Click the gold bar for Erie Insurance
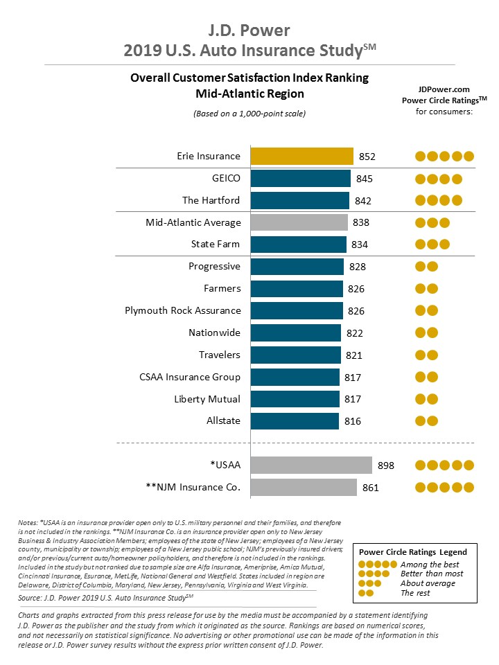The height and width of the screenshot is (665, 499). (x=301, y=156)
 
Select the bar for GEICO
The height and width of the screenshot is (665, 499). (x=300, y=179)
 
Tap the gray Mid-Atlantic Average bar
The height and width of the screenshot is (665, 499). (x=299, y=222)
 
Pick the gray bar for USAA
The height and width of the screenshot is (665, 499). (x=311, y=465)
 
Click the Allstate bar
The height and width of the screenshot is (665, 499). (x=295, y=420)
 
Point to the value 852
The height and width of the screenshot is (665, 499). (x=368, y=157)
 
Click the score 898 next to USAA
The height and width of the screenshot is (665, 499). (x=386, y=465)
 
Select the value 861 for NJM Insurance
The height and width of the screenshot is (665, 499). (x=371, y=488)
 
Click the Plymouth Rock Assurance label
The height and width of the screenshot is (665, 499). (x=183, y=310)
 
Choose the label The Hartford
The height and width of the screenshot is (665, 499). (x=211, y=200)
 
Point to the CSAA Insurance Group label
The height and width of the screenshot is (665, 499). (x=190, y=377)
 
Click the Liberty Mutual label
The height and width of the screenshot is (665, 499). (x=207, y=399)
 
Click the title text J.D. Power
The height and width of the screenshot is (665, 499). (x=249, y=30)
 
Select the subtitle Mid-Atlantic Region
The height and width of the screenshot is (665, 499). (x=249, y=94)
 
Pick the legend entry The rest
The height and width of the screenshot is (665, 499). (x=416, y=592)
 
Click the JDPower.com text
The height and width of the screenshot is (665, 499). (x=444, y=89)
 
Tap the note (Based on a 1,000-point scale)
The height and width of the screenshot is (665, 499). (x=249, y=113)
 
